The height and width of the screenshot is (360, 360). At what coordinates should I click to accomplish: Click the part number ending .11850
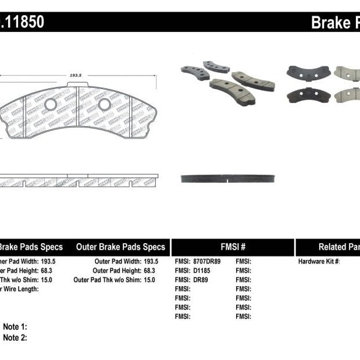22,22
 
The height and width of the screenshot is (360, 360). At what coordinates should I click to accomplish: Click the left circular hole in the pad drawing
51,105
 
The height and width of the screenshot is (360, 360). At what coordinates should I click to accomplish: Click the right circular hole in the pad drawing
105,105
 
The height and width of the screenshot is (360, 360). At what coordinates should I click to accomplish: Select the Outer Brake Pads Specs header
120,247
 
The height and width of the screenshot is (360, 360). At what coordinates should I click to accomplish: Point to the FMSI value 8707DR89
208,262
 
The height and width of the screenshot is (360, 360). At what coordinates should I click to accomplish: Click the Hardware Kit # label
319,262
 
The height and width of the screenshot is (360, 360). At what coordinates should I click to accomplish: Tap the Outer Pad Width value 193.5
150,262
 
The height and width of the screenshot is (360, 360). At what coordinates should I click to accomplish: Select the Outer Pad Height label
116,271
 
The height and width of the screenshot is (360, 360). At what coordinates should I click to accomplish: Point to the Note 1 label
15,327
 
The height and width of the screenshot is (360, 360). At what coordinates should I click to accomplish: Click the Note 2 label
15,337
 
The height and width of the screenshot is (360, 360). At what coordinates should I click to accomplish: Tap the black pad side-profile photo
228,178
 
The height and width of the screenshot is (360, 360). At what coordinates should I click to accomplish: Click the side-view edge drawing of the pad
79,180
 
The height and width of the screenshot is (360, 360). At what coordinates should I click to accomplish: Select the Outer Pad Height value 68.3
149,271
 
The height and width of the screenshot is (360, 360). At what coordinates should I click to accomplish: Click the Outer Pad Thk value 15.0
149,280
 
